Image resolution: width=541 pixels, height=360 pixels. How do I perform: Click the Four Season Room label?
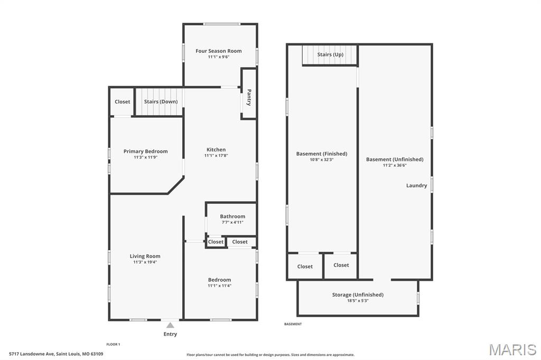pos(218,51)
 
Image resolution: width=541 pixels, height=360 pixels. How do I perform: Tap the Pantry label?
pos(249,97)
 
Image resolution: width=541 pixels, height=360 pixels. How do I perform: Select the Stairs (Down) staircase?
pos(160,102)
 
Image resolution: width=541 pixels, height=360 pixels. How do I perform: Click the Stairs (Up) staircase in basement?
pos(330,55)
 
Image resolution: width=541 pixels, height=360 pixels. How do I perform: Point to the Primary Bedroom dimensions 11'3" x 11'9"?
pos(145,157)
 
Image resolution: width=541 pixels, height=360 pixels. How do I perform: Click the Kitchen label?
pos(216,149)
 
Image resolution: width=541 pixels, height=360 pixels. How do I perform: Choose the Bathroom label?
pos(232,216)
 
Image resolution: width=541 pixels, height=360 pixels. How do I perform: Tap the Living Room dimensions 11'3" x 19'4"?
pos(145,262)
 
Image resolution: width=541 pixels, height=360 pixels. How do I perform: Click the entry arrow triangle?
pos(170,325)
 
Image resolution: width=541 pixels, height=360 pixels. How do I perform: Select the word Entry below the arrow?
pos(170,334)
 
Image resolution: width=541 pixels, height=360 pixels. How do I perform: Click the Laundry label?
pos(416,185)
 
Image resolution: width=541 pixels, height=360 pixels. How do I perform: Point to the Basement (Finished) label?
pos(321,154)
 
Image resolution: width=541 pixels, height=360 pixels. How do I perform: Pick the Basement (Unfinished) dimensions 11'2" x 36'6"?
pos(394,165)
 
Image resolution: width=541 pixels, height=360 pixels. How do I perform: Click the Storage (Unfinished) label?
pos(358,295)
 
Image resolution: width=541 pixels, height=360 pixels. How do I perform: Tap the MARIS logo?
pos(512,349)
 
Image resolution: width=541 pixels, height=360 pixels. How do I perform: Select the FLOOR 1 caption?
pos(113,344)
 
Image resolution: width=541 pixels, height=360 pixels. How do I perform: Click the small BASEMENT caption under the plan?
pos(293,324)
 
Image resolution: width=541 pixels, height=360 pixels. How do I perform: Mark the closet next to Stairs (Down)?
pos(122,102)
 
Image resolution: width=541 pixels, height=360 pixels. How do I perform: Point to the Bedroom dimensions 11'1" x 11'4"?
pos(219,286)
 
